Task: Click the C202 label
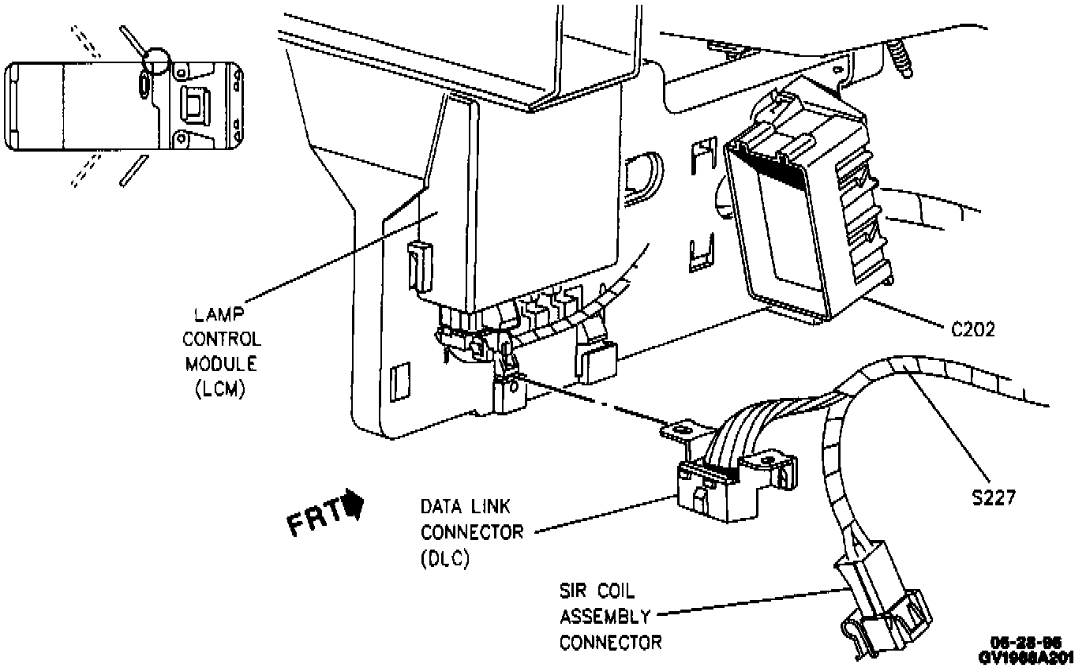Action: point(972,329)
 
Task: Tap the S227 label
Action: point(993,497)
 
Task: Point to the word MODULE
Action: point(222,365)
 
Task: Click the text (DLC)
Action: point(445,558)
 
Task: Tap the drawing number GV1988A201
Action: point(1026,657)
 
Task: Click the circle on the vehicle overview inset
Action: point(155,59)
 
